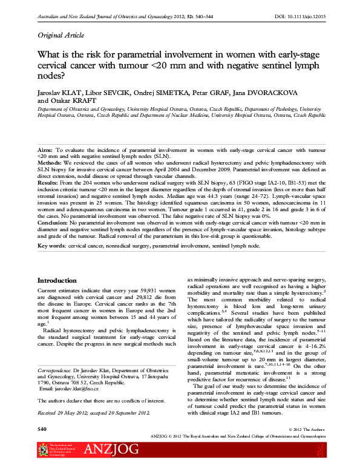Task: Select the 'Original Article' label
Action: (x=62, y=34)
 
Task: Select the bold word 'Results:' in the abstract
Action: (x=48, y=182)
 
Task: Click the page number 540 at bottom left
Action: (x=42, y=429)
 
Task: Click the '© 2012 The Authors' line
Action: (x=307, y=429)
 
